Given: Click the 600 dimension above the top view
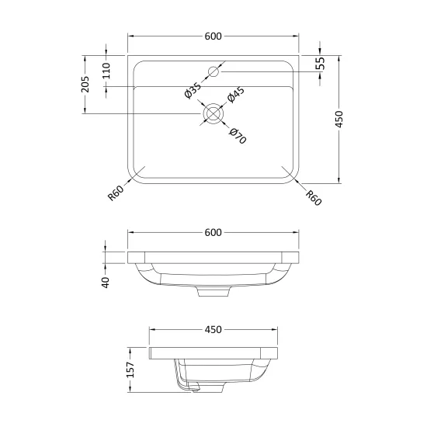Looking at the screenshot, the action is click(x=213, y=36).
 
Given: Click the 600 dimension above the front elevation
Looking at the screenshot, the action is click(x=213, y=233).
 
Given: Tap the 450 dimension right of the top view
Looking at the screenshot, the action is click(x=339, y=119).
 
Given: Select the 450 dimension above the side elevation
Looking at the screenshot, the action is click(x=213, y=329).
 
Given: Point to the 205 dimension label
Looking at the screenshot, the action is click(x=85, y=84).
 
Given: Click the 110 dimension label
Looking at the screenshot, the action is click(x=106, y=71).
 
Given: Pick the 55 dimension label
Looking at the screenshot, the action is click(x=321, y=64).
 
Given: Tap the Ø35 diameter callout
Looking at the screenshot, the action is click(x=193, y=90).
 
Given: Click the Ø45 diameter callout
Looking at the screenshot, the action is click(x=236, y=95).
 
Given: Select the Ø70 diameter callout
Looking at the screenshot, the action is click(x=238, y=136).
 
